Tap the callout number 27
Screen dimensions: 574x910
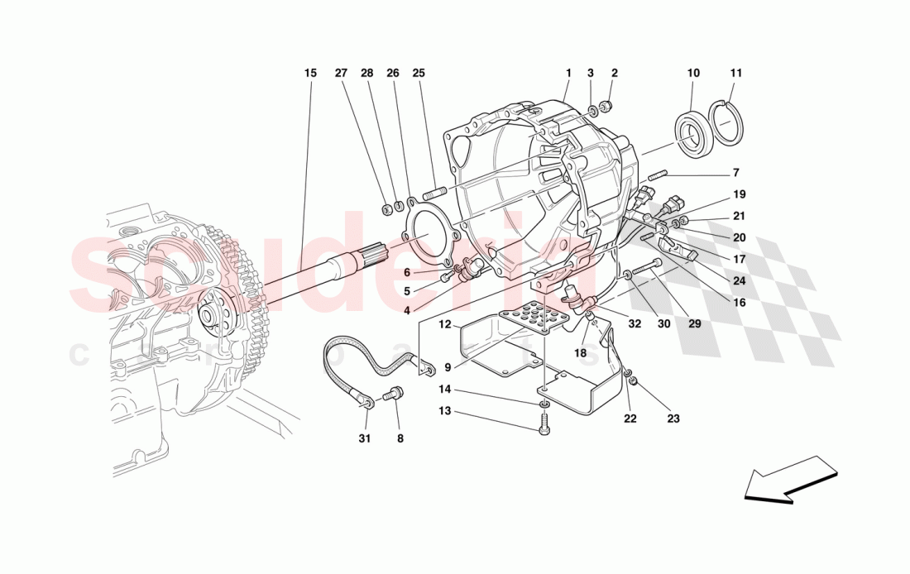pos(341,73)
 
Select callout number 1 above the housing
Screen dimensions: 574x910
pos(569,73)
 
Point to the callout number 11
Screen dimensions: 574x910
pos(736,73)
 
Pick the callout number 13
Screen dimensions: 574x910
pos(444,411)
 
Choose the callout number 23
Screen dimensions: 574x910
pos(673,419)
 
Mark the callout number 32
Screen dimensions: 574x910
pos(635,324)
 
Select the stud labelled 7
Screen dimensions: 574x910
pos(654,175)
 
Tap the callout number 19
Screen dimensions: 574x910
pos(739,194)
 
